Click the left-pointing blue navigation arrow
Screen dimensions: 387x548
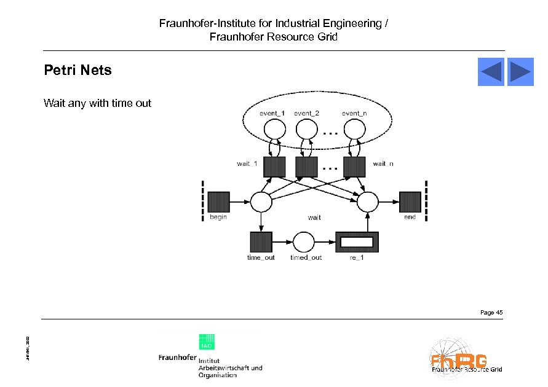pyautogui.click(x=491, y=72)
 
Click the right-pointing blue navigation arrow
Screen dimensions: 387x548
pyautogui.click(x=520, y=72)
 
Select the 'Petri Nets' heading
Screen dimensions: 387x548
pyautogui.click(x=77, y=70)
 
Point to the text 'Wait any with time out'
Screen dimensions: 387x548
pyautogui.click(x=97, y=103)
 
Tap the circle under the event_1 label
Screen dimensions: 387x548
pyautogui.click(x=274, y=129)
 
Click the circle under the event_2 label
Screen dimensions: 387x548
pyautogui.click(x=306, y=129)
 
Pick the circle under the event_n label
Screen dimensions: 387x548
pyautogui.click(x=354, y=129)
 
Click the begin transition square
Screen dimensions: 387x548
pyautogui.click(x=218, y=201)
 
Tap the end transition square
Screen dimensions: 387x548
pyautogui.click(x=410, y=201)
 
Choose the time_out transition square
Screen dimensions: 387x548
pyautogui.click(x=261, y=242)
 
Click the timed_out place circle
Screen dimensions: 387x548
pyautogui.click(x=303, y=242)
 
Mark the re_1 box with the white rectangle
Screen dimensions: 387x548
pyautogui.click(x=357, y=242)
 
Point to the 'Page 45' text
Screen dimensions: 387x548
pyautogui.click(x=491, y=313)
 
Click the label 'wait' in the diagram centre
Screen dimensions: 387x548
pyautogui.click(x=314, y=217)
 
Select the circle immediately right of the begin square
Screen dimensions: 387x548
pyautogui.click(x=261, y=201)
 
